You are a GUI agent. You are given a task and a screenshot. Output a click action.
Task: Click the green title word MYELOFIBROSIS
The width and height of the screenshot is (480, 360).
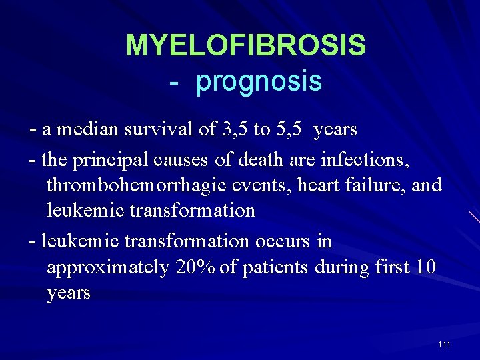(x=245, y=45)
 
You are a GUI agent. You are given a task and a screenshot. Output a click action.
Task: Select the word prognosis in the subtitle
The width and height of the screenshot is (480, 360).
(x=259, y=81)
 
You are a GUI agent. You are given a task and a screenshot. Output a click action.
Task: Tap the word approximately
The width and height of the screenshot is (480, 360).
(x=108, y=267)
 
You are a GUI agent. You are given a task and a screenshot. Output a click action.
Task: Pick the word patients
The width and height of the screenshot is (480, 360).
(x=275, y=267)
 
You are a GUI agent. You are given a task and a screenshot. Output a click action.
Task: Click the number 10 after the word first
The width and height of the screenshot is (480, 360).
(x=425, y=267)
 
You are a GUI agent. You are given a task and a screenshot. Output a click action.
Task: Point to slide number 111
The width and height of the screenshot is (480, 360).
(x=444, y=344)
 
